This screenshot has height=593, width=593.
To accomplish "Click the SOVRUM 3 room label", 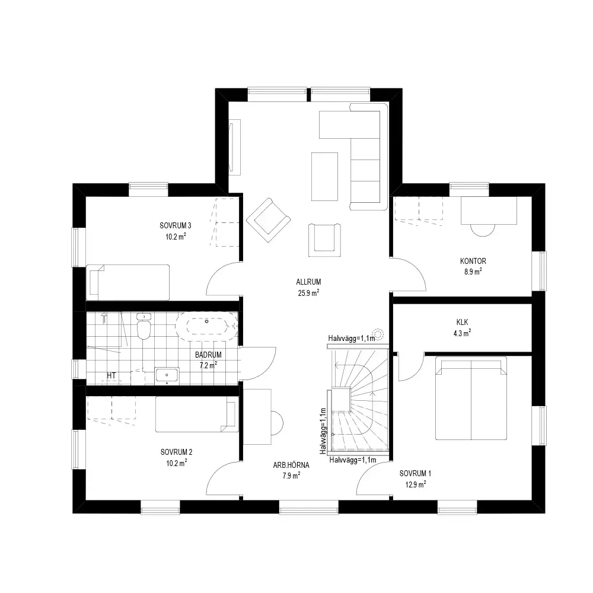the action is coord(176,225).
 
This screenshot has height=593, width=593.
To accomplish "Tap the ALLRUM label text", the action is coord(308,282).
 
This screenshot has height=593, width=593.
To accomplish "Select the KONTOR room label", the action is coord(473,261).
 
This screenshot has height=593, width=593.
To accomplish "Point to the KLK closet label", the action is coord(462,322).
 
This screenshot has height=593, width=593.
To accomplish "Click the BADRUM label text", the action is coord(208,355).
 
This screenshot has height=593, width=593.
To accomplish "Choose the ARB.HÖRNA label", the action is coord(291,465).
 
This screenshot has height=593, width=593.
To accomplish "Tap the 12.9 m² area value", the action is coord(416,484).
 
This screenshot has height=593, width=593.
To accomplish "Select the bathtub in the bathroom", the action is coord(207,323).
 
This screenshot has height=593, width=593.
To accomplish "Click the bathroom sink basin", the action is coord(167,375).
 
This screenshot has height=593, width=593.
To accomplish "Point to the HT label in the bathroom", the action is coord(111,375).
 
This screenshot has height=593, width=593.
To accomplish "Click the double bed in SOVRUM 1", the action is coord(471,398).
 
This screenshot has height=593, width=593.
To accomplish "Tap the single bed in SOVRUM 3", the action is coord(128,282).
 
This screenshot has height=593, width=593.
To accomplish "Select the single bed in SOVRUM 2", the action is coord(197,414).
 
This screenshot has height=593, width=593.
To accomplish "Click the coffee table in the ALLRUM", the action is coord(324,177).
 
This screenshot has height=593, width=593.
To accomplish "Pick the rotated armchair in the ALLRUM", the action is coord(269,220).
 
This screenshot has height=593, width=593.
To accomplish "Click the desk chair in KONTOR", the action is coord(483,229).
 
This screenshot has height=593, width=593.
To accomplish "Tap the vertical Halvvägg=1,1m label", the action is coord(323,431).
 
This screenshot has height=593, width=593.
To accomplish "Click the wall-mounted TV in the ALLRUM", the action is coord(234,147).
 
